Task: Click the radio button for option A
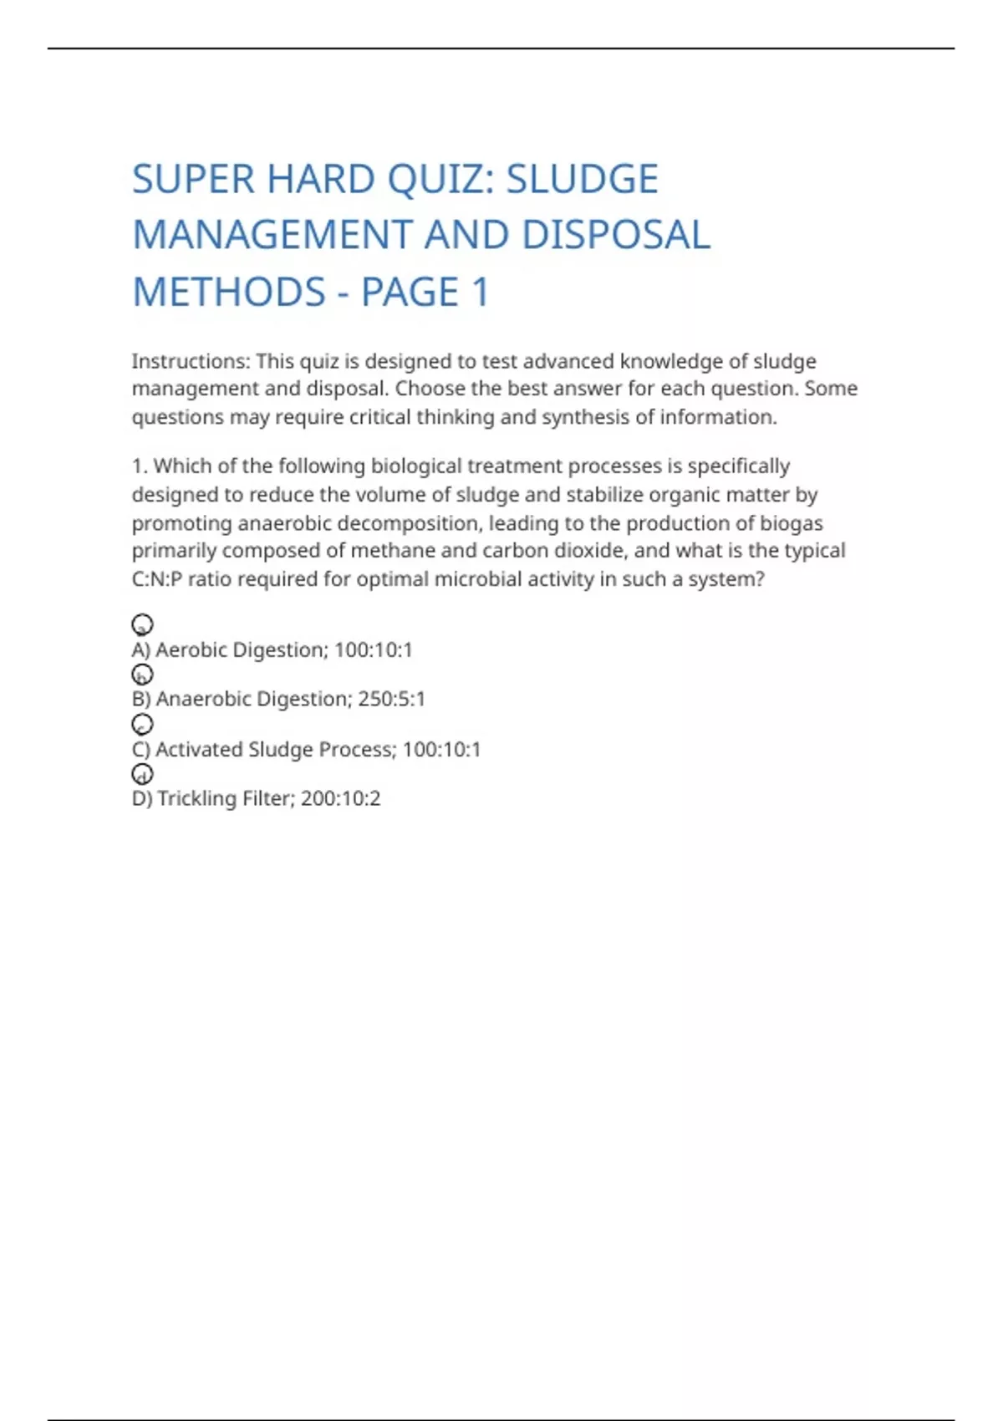(142, 624)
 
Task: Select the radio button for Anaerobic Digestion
(142, 674)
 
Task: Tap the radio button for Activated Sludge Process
(142, 724)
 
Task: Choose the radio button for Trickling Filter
(142, 774)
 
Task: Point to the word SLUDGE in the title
(583, 180)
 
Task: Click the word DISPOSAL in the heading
(616, 236)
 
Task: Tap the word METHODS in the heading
(229, 293)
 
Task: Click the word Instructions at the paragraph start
(191, 361)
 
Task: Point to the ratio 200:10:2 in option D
(340, 798)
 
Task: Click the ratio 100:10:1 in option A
(373, 649)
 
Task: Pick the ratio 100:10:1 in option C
(441, 749)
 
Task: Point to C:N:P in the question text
(156, 579)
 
